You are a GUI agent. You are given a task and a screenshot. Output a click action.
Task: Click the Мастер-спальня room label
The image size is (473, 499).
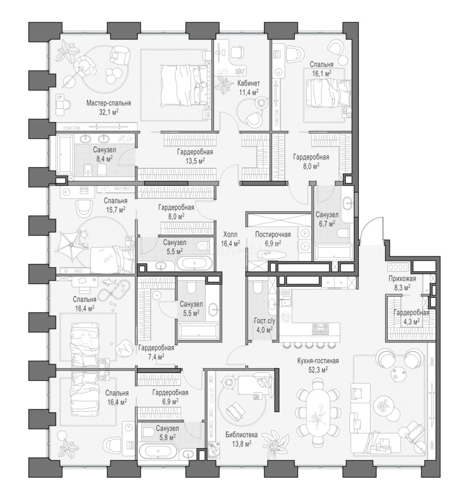tap(109, 103)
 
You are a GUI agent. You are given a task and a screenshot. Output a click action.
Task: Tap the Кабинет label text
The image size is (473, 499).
tap(249, 83)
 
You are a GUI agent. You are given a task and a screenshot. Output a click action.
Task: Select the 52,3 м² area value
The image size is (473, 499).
tap(318, 370)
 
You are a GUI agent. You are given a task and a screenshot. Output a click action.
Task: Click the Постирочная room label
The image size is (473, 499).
tap(273, 235)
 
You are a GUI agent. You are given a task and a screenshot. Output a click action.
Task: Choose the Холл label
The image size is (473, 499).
tap(230, 235)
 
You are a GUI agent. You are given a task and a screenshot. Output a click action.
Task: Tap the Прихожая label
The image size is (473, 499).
tap(402, 279)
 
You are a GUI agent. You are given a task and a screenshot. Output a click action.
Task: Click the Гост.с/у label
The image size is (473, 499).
tap(264, 322)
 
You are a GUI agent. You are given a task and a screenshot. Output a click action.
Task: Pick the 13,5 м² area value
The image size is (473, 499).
tap(194, 161)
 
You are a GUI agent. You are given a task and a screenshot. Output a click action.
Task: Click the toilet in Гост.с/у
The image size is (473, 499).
tap(257, 287)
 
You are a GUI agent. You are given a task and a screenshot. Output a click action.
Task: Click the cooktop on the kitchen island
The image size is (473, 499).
tap(319, 329)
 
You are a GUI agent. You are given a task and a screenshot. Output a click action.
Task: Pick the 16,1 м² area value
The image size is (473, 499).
tap(322, 73)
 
